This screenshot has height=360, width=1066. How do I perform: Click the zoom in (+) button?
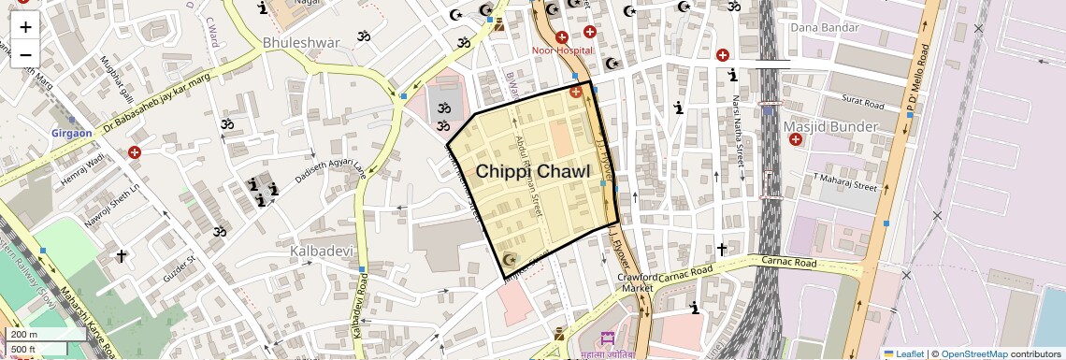tap(25, 26)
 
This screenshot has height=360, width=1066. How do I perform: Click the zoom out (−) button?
tap(25, 55)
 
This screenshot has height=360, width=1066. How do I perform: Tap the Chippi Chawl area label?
tap(533, 172)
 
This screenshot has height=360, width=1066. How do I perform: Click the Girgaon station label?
tap(72, 133)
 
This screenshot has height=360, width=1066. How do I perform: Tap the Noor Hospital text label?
tap(563, 50)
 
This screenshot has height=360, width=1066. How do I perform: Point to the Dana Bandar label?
tap(824, 27)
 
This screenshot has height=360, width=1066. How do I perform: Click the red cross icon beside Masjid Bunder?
tap(796, 139)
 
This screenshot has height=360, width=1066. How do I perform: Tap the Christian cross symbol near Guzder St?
tap(120, 254)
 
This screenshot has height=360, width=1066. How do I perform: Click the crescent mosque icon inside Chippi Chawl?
tap(510, 258)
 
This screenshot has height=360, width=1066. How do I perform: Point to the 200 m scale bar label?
tap(24, 334)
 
